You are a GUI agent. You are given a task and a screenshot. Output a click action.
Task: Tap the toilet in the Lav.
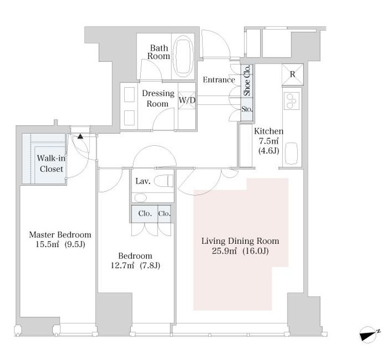pos(163,181)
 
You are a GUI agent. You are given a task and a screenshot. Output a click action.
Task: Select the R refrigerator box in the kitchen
pos(292,74)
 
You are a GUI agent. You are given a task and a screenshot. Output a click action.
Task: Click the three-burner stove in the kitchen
pos(291,101)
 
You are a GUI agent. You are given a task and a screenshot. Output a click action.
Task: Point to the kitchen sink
pos(291,153)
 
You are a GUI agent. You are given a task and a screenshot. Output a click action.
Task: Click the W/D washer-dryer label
pos(187,100)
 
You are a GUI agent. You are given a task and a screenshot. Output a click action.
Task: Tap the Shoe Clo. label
pos(247,81)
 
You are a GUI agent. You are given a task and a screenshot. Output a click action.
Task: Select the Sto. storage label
pos(247,109)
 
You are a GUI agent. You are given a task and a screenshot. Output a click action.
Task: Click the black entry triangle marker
pos(80,136)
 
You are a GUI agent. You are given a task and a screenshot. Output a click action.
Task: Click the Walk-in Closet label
pos(52,164)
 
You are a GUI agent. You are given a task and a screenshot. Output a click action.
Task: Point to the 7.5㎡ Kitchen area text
pos(269,141)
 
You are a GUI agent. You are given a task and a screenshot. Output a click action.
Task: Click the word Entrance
pos(219,80)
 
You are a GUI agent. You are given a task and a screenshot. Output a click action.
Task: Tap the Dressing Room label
pos(158,98)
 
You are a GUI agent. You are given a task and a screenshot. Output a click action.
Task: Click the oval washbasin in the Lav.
pos(140,197)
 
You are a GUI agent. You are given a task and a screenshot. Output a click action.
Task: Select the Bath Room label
pos(159,52)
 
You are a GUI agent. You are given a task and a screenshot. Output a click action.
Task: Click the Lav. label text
pos(143,181)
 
